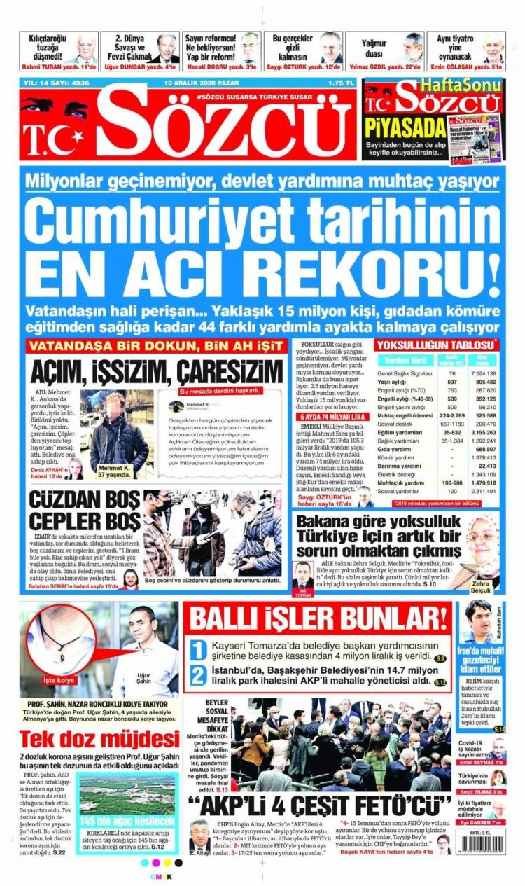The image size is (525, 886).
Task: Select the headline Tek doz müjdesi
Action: point(99,739)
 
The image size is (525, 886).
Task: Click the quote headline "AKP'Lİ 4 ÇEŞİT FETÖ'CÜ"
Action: point(321,804)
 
